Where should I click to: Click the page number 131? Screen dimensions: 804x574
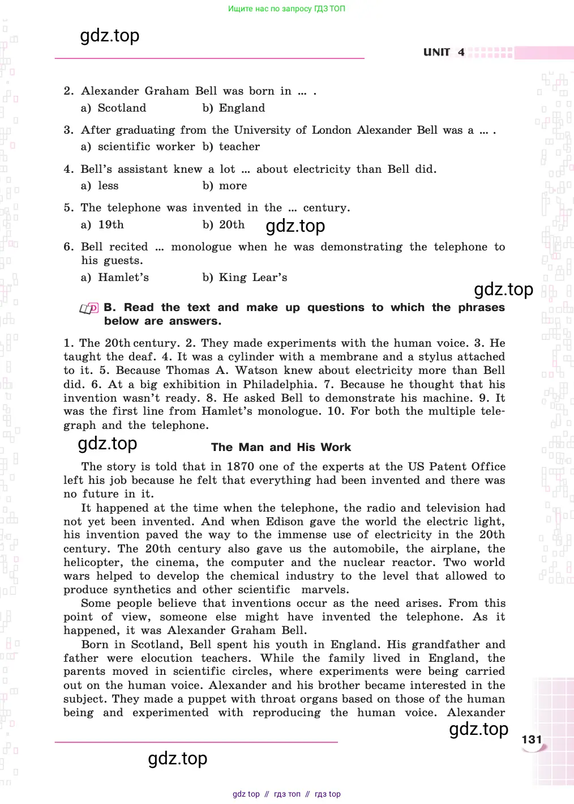(532, 739)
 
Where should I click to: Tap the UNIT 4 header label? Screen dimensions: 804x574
(444, 52)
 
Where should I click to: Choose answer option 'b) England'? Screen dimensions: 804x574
(234, 108)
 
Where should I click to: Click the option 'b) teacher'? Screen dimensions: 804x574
(232, 147)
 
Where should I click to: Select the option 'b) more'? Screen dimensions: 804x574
(225, 186)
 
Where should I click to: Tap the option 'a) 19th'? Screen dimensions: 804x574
(102, 225)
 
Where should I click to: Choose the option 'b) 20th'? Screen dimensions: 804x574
(224, 225)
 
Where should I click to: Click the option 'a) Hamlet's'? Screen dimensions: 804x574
(115, 278)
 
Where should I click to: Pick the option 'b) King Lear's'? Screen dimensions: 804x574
(245, 278)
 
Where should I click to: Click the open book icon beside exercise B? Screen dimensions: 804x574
(89, 309)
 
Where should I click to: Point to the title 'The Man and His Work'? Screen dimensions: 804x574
(281, 447)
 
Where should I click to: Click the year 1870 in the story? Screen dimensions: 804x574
(240, 467)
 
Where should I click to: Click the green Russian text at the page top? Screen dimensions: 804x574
(286, 8)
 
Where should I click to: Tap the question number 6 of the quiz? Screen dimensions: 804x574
(68, 247)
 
